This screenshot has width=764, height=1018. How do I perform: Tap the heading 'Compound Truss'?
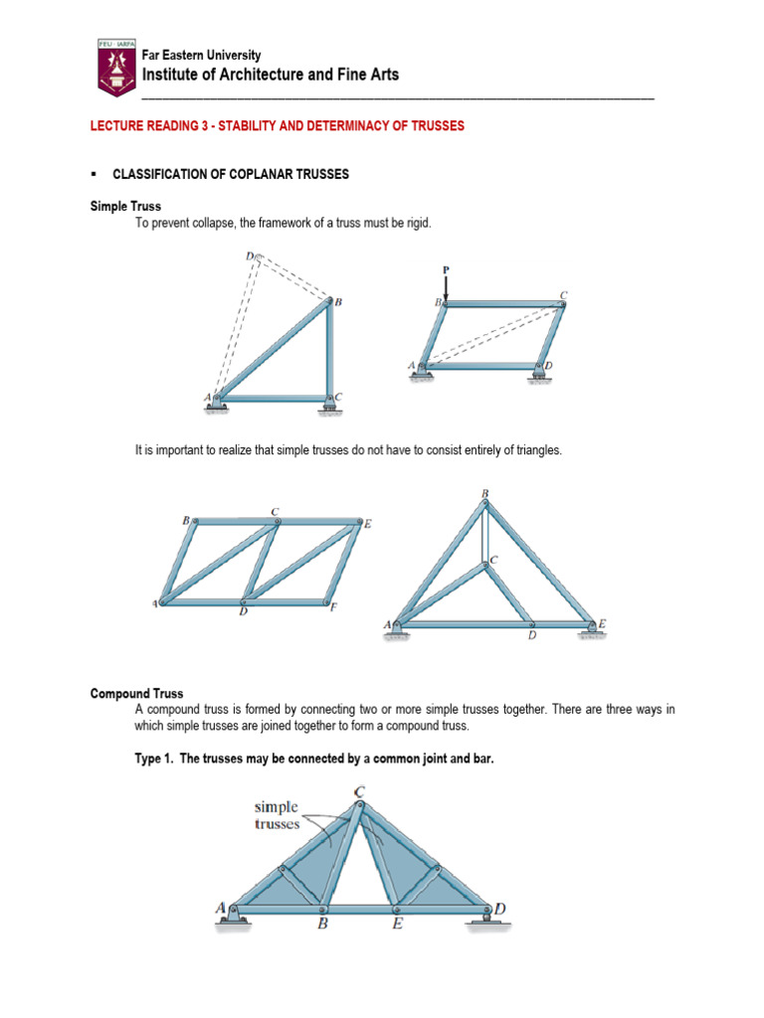[136, 693]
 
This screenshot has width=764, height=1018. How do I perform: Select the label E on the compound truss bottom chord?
[396, 925]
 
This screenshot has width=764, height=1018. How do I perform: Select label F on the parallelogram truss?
[334, 607]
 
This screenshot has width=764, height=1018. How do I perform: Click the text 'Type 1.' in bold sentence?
[153, 759]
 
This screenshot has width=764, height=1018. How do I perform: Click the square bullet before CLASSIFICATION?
[94, 173]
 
